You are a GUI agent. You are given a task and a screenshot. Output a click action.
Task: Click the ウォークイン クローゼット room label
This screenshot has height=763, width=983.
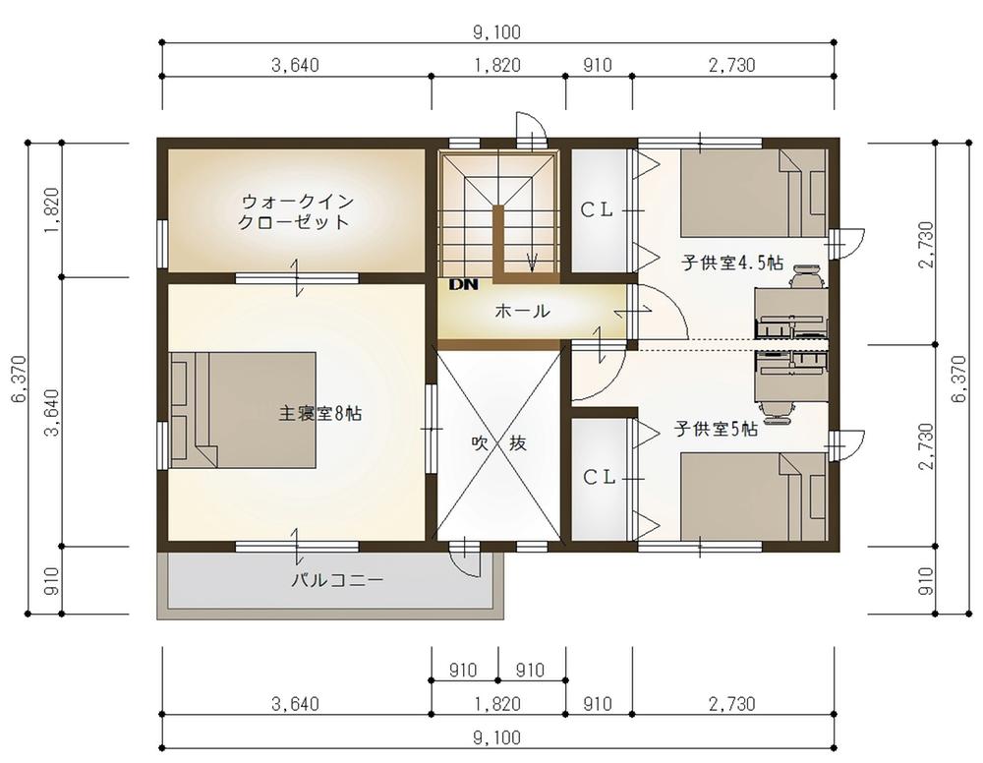click(x=295, y=212)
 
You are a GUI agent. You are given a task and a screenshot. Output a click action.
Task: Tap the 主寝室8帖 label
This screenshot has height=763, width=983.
click(x=319, y=413)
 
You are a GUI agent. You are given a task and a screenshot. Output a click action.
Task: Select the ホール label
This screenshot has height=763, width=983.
click(x=522, y=311)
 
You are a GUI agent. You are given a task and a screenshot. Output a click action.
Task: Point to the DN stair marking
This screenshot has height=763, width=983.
click(x=463, y=284)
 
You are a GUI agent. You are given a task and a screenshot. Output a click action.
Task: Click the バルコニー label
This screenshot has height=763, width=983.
click(x=337, y=580)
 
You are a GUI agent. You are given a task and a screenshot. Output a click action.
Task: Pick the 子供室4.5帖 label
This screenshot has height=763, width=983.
click(x=732, y=263)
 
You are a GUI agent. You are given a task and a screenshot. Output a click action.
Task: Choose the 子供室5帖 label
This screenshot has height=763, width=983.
click(x=716, y=429)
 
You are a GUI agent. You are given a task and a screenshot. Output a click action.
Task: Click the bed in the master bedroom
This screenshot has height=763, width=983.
click(x=243, y=409)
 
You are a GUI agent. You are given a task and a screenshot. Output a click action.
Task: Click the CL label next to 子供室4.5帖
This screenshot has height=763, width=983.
click(x=597, y=210)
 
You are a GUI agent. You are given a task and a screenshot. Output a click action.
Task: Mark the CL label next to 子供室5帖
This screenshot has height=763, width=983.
click(x=600, y=478)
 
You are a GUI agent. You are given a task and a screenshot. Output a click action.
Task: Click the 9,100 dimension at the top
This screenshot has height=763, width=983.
click(x=497, y=32)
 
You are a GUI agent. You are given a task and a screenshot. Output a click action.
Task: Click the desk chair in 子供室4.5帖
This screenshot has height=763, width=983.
click(x=806, y=276)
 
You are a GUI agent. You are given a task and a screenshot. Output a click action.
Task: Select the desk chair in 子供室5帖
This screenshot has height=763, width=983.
click(x=778, y=409)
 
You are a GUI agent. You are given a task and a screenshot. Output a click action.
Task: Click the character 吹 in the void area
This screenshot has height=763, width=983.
click(x=480, y=443)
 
